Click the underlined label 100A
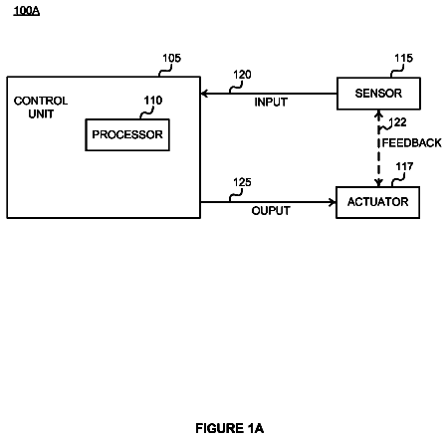tap(27, 11)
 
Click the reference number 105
tap(171, 59)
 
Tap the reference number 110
tap(153, 101)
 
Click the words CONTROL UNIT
tap(41, 108)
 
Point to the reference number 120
tap(242, 75)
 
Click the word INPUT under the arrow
tap(271, 103)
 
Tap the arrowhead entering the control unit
tap(204, 94)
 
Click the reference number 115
tap(403, 59)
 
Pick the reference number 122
tap(397, 122)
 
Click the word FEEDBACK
tap(412, 143)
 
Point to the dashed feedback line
tap(378, 148)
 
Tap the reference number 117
tap(404, 166)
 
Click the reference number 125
tap(242, 182)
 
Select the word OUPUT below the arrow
tap(271, 211)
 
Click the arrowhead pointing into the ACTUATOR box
tap(333, 202)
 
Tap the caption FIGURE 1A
tap(230, 428)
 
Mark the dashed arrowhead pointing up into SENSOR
tap(378, 114)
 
